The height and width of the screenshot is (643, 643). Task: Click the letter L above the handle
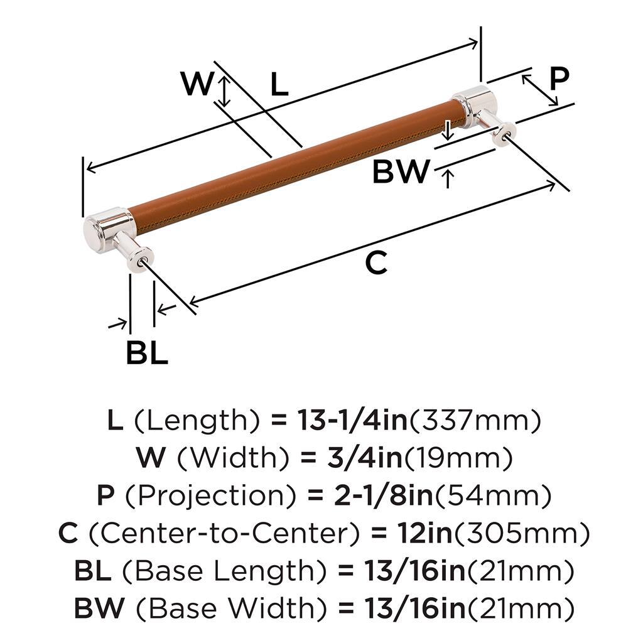click(279, 85)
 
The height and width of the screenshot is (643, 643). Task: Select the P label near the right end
click(559, 78)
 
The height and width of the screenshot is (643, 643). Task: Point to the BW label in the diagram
click(401, 171)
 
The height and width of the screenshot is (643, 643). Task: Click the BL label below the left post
click(147, 352)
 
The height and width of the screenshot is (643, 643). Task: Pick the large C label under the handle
click(376, 264)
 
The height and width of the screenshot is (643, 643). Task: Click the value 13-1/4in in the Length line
click(353, 421)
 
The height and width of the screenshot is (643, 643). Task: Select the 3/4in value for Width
click(365, 458)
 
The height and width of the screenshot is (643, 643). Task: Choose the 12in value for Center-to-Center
click(424, 532)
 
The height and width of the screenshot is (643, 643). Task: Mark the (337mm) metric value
click(475, 421)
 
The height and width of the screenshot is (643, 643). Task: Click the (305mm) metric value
click(521, 532)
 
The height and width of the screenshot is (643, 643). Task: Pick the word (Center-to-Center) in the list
click(224, 532)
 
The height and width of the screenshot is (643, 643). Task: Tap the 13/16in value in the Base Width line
click(415, 607)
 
